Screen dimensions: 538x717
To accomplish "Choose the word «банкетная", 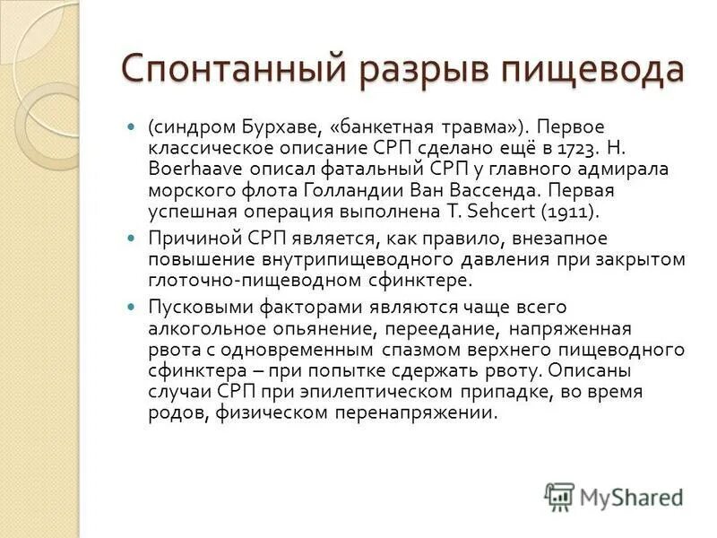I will (373, 126).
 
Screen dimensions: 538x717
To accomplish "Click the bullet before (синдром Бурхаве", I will (132, 126).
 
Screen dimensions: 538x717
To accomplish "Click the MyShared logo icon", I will (559, 496).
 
